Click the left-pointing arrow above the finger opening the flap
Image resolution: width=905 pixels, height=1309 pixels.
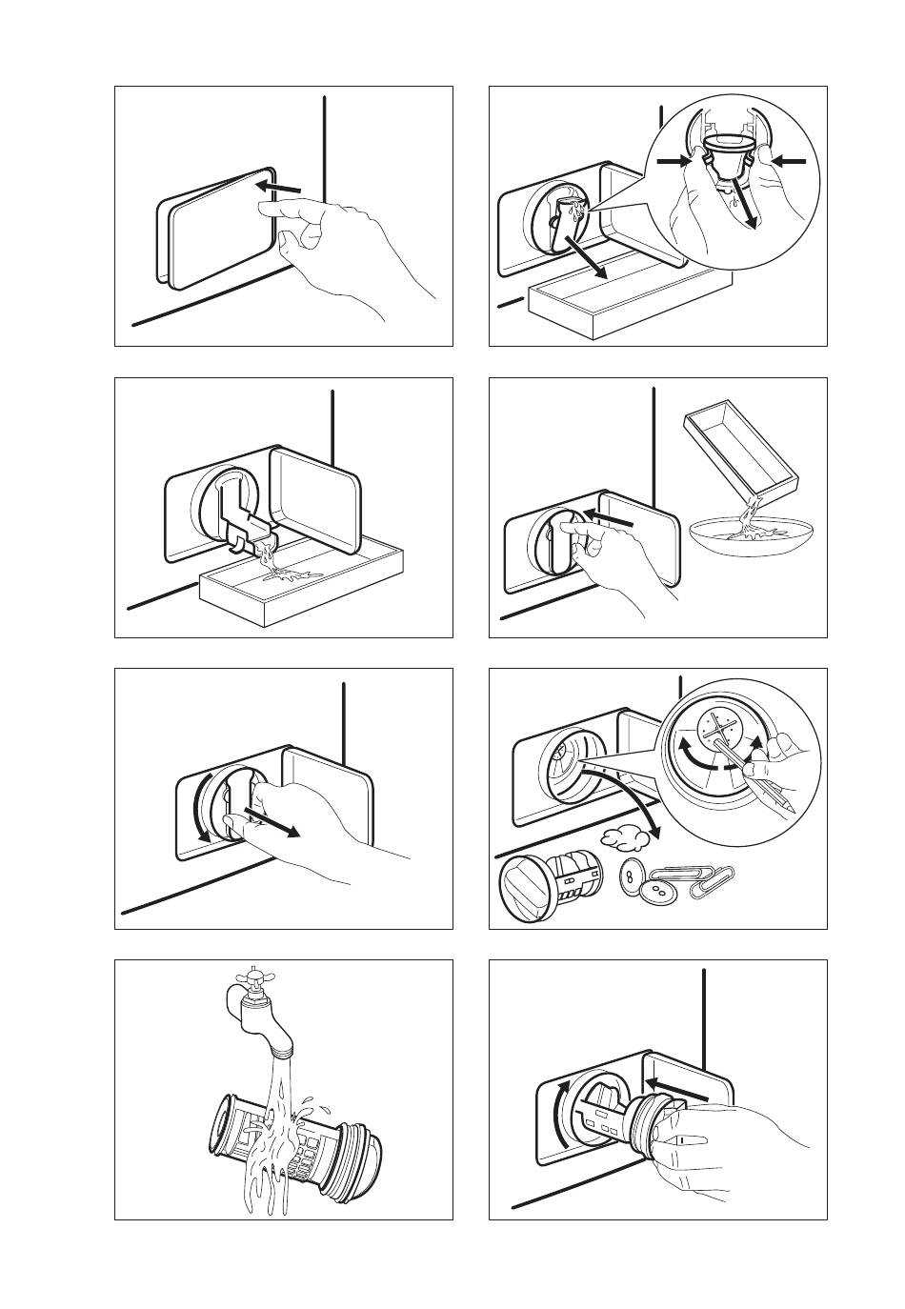coord(284,188)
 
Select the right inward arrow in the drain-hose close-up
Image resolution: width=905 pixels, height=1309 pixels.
coord(790,163)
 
